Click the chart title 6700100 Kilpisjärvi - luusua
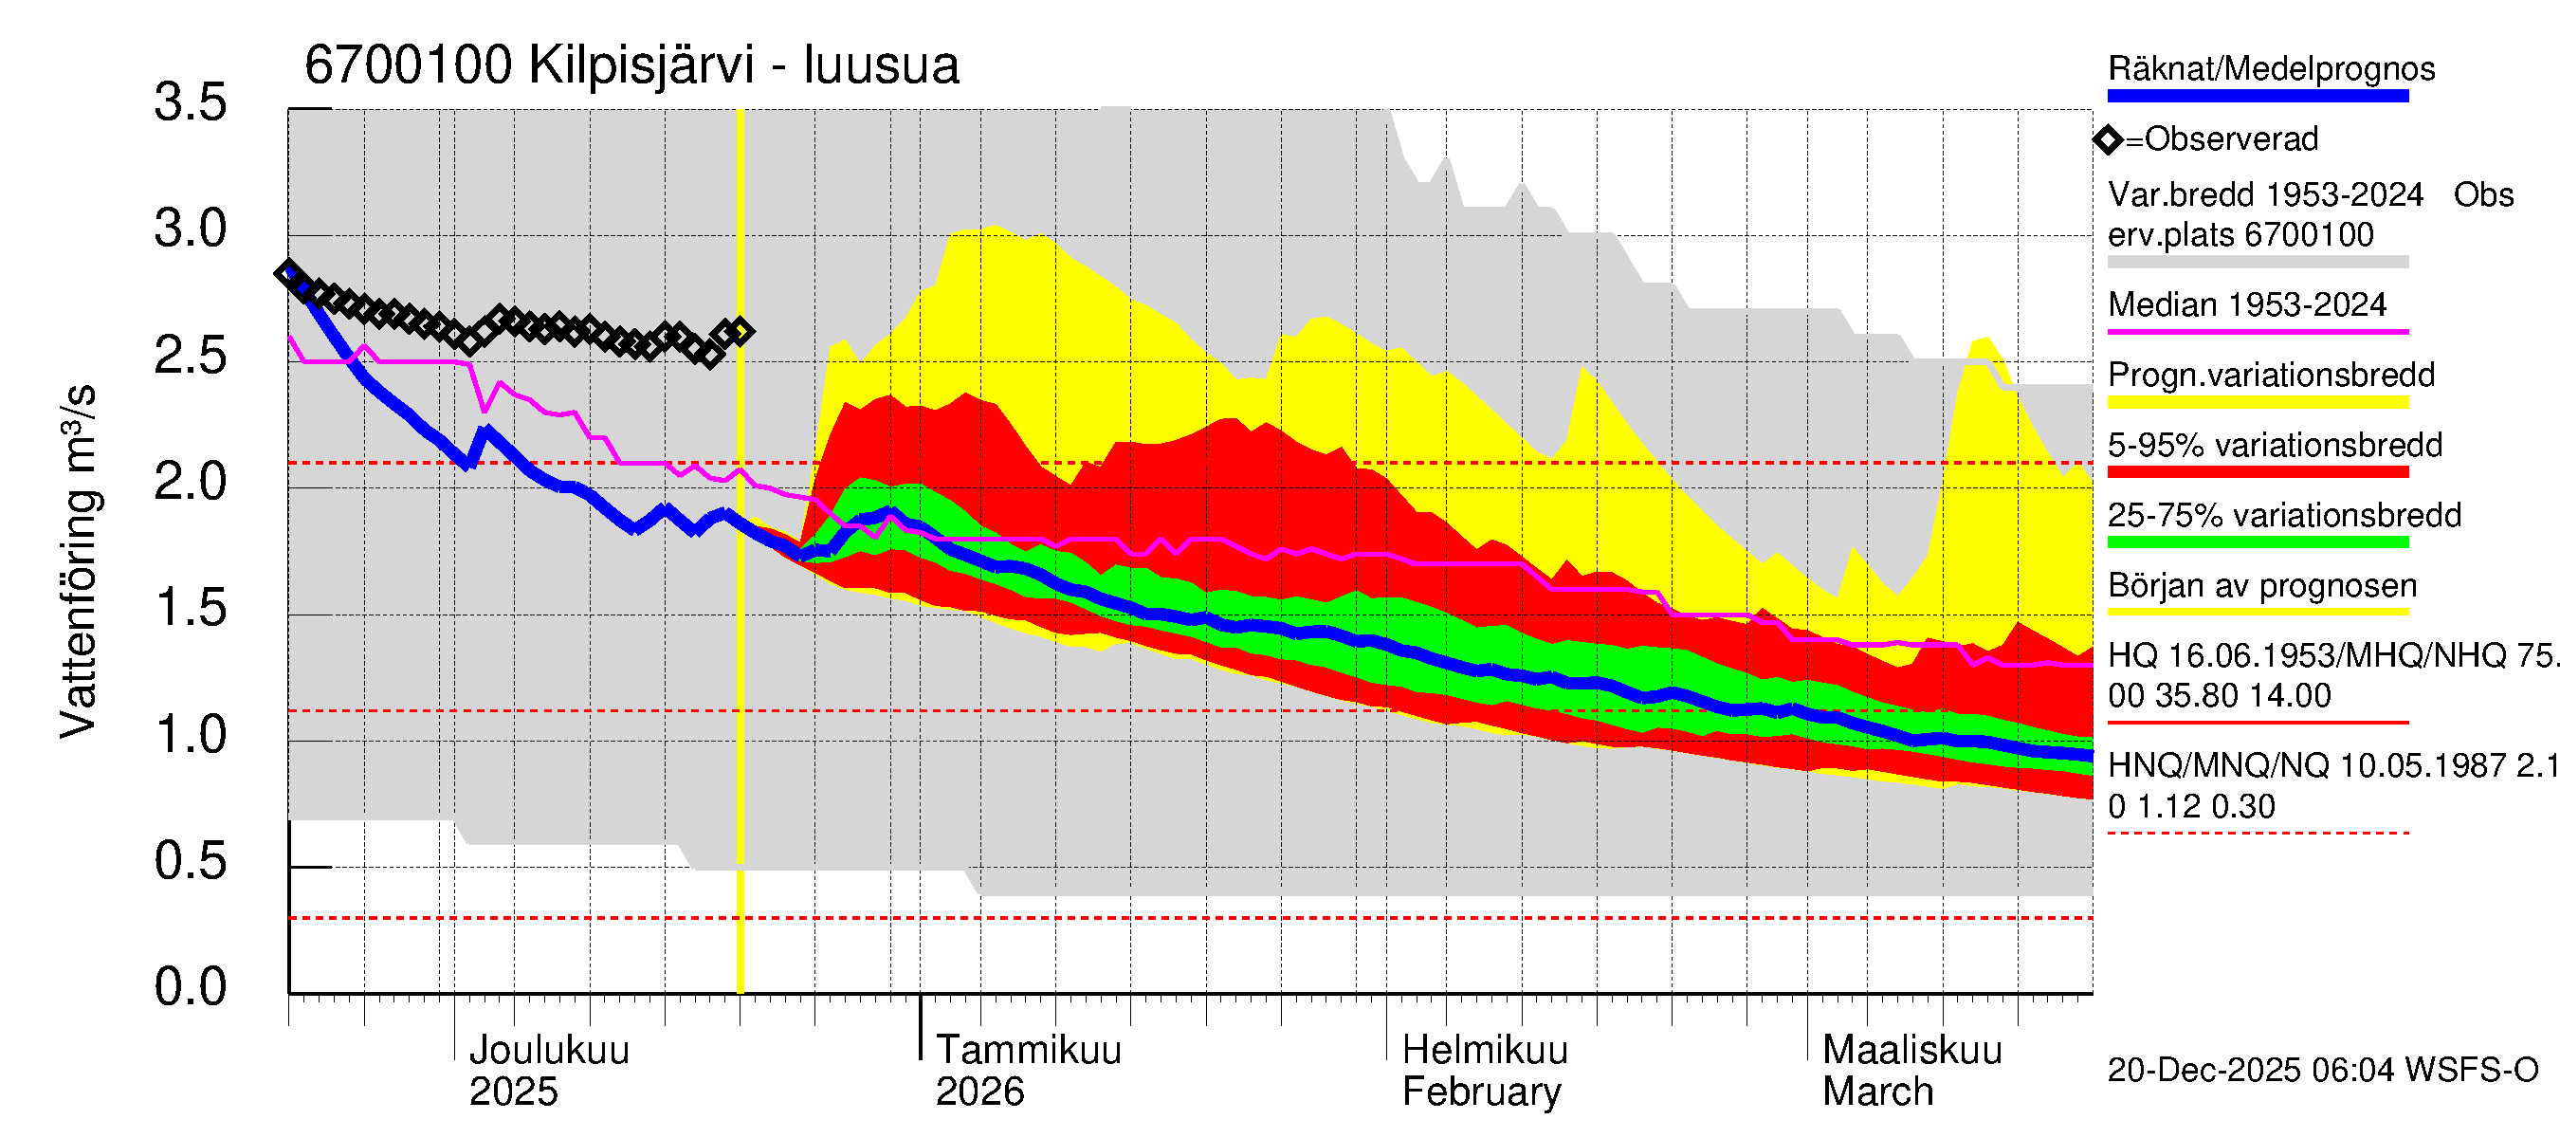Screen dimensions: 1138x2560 [631, 65]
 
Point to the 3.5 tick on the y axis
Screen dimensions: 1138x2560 [190, 102]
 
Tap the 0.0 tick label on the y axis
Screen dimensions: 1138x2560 [190, 987]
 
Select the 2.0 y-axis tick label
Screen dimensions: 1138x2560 [190, 482]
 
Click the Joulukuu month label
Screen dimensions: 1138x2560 [549, 1050]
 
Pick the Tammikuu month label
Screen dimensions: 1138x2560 [1028, 1050]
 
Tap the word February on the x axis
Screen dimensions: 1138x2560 [1481, 1092]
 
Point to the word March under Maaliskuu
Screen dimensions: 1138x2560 [1877, 1092]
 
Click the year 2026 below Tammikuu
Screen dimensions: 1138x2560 [978, 1092]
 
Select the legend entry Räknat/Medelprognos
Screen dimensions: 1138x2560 [2271, 68]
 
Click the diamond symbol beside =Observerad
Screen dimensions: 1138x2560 [2108, 140]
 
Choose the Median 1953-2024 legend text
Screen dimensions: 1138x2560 [2246, 304]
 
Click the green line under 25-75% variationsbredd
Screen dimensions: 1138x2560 [2257, 542]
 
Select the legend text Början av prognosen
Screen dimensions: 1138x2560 [2262, 585]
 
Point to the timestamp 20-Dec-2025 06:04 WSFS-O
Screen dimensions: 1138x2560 [2322, 1071]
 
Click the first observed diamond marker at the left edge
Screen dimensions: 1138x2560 [288, 272]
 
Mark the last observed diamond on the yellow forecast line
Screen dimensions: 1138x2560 [740, 331]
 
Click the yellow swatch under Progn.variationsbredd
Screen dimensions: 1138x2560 [2257, 402]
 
